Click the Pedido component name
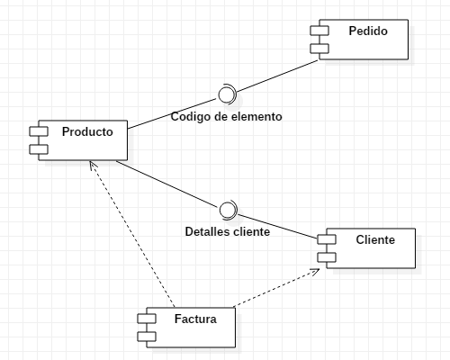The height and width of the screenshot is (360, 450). (x=367, y=31)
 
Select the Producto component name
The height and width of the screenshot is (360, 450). (x=87, y=131)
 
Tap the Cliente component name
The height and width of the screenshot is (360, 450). (x=374, y=239)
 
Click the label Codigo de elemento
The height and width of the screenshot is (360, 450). (x=226, y=116)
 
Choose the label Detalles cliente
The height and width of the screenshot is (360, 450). (x=227, y=231)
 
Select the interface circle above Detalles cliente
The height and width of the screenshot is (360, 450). (x=227, y=210)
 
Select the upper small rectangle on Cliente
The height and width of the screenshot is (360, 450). (x=326, y=240)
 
